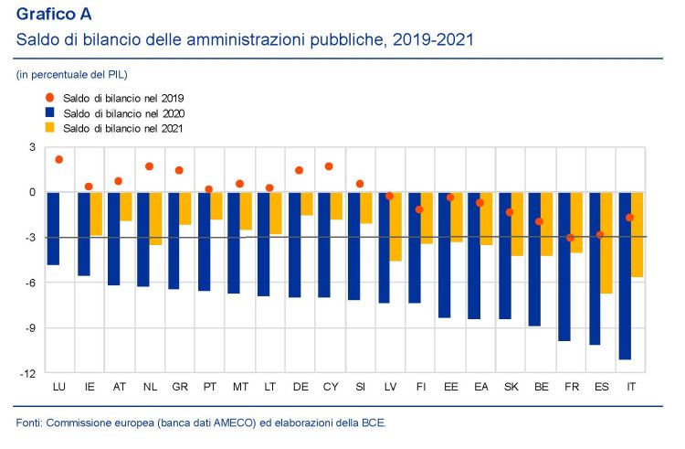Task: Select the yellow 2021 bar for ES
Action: (x=606, y=242)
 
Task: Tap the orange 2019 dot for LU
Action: (x=59, y=159)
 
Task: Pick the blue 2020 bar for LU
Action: (x=54, y=228)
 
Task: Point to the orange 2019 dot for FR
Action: (x=570, y=238)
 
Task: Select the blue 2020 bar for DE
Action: (x=294, y=244)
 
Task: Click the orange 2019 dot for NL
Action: (x=149, y=166)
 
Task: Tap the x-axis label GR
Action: (x=180, y=388)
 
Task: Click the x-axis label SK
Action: (x=511, y=388)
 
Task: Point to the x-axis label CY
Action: (x=331, y=388)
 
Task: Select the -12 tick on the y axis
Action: (x=28, y=373)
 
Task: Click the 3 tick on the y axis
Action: (x=32, y=147)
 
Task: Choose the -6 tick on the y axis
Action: (x=30, y=283)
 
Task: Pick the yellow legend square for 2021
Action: (x=50, y=127)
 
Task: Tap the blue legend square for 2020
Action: (x=50, y=112)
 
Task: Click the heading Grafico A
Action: (x=54, y=15)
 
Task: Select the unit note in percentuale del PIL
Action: (x=71, y=73)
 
